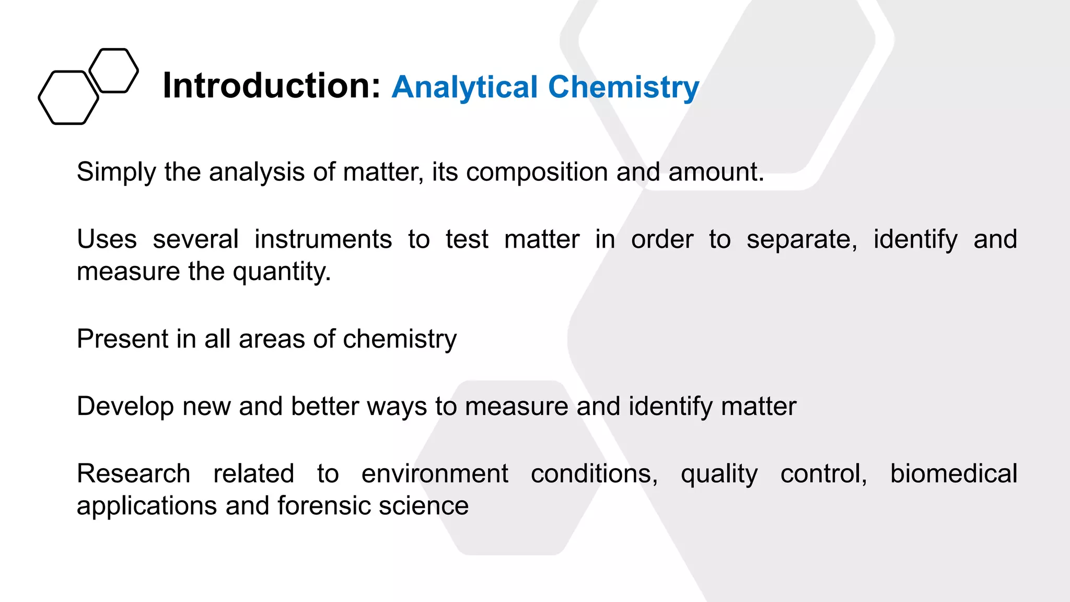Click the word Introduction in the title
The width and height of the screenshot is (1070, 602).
click(x=271, y=86)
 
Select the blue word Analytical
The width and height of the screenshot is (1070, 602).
click(x=464, y=87)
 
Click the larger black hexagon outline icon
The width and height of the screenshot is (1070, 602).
click(x=68, y=98)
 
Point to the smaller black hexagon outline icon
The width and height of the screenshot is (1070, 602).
click(x=114, y=71)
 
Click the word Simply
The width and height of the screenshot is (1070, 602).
click(x=116, y=172)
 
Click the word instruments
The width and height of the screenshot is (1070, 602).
click(x=323, y=239)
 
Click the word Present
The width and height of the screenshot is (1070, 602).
click(x=122, y=339)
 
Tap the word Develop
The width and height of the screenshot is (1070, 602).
click(x=125, y=407)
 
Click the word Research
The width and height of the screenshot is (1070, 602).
click(x=133, y=473)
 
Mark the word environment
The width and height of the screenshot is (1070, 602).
click(x=435, y=473)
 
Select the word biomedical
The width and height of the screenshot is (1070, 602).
click(x=953, y=473)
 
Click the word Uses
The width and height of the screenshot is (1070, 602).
click(x=107, y=239)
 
